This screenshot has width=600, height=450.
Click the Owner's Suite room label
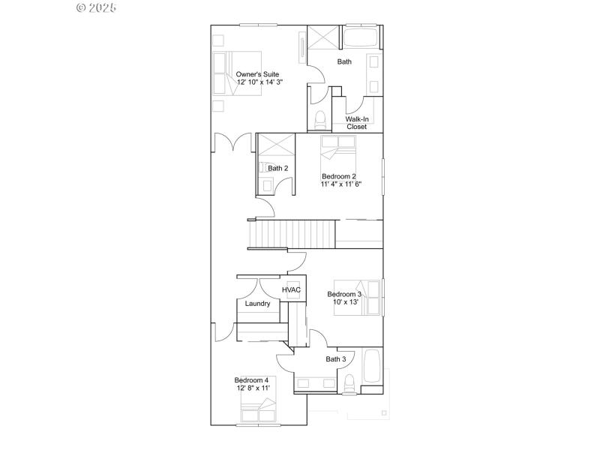click(x=257, y=74)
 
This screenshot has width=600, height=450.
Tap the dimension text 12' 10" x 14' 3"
click(x=259, y=82)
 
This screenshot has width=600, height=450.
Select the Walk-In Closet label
click(x=356, y=123)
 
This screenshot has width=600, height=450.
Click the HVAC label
click(x=291, y=289)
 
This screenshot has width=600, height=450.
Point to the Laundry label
click(x=257, y=304)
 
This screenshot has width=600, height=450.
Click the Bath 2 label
click(x=277, y=168)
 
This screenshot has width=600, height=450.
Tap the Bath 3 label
click(x=335, y=359)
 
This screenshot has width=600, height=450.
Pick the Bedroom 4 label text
click(x=251, y=380)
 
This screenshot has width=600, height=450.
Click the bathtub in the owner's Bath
click(x=362, y=37)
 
